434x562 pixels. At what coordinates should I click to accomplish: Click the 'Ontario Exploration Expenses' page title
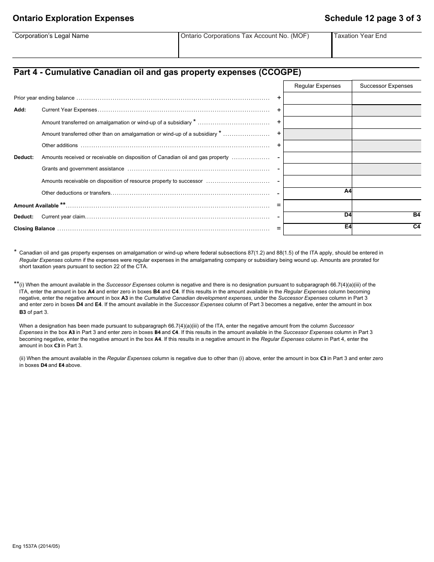click(74, 18)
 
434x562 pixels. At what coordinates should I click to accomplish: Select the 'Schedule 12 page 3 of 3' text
click(372, 18)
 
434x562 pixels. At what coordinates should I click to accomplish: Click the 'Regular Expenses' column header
click(318, 86)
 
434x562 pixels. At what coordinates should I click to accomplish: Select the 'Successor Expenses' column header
click(386, 86)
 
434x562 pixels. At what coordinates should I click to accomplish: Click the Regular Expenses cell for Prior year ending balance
click(318, 98)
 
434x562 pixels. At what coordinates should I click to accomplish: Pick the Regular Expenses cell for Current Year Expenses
click(318, 110)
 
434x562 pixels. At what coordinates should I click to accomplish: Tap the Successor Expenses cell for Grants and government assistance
click(386, 170)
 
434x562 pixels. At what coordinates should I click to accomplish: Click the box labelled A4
click(318, 193)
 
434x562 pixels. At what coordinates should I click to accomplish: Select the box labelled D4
click(318, 217)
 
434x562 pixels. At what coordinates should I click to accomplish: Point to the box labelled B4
click(386, 217)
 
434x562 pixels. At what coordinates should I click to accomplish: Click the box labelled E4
click(318, 229)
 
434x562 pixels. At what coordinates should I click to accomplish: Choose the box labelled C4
click(386, 229)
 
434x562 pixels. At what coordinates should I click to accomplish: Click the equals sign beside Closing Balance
click(279, 228)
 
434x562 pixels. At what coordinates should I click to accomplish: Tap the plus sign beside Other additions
click(279, 145)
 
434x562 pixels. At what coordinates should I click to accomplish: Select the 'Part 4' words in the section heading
click(26, 72)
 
